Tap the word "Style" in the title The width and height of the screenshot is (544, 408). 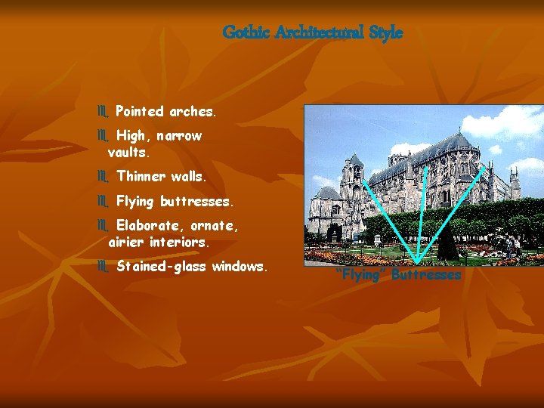tap(385, 33)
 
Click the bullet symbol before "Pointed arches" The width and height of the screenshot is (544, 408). tap(103, 112)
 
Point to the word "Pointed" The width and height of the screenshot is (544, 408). tap(140, 111)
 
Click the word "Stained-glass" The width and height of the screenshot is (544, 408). tap(162, 267)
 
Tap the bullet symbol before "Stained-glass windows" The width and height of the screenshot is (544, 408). tap(103, 267)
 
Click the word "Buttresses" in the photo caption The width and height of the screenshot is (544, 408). tap(426, 275)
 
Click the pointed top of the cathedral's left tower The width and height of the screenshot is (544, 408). tap(354, 155)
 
